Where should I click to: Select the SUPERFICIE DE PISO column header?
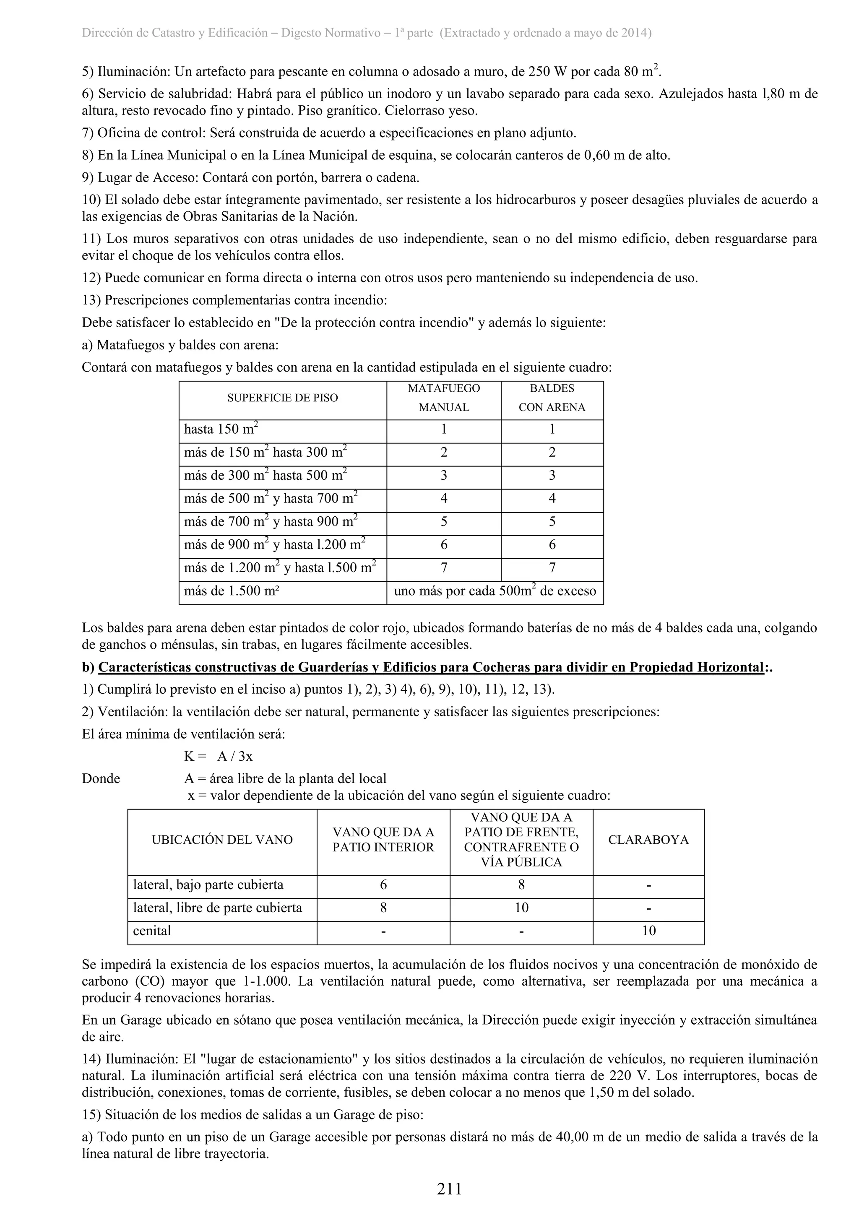pyautogui.click(x=282, y=398)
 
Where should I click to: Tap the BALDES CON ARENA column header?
pyautogui.click(x=552, y=398)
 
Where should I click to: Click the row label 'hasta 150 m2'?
pyautogui.click(x=221, y=429)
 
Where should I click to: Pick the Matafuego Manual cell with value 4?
pyautogui.click(x=443, y=499)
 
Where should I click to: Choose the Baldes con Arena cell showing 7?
pyautogui.click(x=552, y=568)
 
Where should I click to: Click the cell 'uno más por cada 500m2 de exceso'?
pyautogui.click(x=495, y=591)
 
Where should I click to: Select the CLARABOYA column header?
pyautogui.click(x=648, y=840)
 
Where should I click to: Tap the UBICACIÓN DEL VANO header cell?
pyautogui.click(x=222, y=840)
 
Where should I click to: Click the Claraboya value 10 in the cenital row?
pyautogui.click(x=648, y=931)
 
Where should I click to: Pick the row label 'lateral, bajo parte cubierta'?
pyautogui.click(x=208, y=885)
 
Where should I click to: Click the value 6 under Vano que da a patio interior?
pyautogui.click(x=383, y=885)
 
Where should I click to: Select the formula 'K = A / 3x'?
pyautogui.click(x=218, y=756)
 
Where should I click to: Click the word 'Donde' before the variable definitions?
pyautogui.click(x=101, y=778)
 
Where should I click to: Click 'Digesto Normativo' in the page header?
pyautogui.click(x=330, y=33)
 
